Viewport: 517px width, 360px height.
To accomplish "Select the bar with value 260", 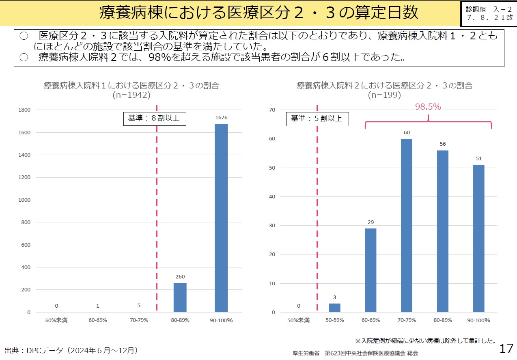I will (180, 297).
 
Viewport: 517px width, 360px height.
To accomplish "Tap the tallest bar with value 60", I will (406, 226).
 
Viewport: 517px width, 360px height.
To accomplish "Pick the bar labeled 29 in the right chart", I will (370, 270).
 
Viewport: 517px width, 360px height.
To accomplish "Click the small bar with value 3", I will (334, 308).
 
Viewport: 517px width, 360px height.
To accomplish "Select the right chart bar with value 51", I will (478, 239).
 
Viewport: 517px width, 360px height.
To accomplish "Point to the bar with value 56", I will (442, 231).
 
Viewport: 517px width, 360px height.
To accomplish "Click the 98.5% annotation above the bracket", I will (428, 107).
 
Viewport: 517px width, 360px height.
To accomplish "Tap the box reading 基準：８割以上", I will (154, 119).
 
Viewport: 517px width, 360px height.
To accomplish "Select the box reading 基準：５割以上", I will (317, 119).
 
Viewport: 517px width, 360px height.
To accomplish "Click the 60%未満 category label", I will (56, 320).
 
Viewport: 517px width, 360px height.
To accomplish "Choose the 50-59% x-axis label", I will (334, 320).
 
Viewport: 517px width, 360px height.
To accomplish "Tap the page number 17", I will (506, 349).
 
